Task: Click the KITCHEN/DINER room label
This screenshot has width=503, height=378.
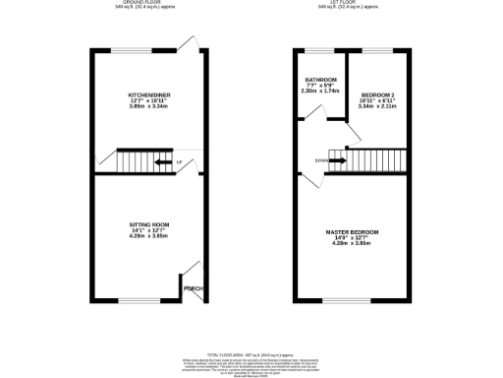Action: coord(143,95)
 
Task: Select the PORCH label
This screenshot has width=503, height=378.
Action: coord(193,288)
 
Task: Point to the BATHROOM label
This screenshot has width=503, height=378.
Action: coord(320,80)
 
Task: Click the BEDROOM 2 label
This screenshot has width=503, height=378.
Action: coord(377,94)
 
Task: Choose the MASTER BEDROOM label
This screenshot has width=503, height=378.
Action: coord(351,231)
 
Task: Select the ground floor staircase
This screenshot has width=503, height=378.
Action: coord(138,160)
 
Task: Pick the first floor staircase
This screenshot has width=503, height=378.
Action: coord(367,158)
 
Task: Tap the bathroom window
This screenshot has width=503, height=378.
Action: coord(320,50)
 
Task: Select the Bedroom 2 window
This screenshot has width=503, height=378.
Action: coord(377,50)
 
